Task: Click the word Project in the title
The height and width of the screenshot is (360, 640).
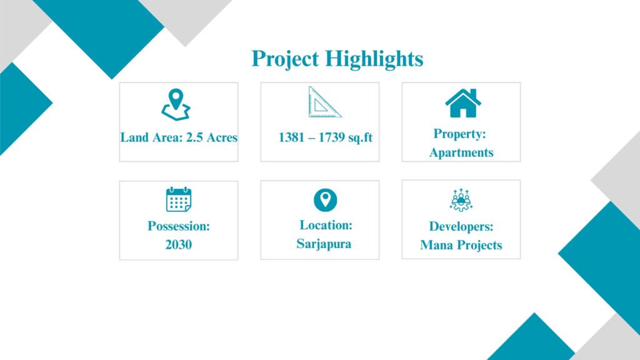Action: (285, 59)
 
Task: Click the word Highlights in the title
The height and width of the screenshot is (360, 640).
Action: (374, 59)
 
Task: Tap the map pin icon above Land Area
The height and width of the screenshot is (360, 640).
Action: (176, 105)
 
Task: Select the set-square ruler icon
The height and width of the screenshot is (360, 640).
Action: (324, 102)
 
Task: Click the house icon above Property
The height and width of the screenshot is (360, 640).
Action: (463, 103)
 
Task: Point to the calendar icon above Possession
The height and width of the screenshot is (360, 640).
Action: (179, 199)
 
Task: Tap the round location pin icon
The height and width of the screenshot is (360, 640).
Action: (325, 200)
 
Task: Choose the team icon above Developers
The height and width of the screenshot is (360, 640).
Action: (461, 200)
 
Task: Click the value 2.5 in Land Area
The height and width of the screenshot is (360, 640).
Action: (195, 137)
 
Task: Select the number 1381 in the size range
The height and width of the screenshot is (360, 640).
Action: (291, 137)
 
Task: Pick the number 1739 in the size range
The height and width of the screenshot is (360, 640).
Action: (331, 137)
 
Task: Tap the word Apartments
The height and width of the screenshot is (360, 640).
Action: (461, 152)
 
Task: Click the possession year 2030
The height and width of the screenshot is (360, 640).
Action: (179, 244)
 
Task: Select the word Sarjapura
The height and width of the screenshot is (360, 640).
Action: (324, 244)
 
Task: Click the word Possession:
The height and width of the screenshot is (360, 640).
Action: (179, 226)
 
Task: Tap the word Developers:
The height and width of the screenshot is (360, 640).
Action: (461, 226)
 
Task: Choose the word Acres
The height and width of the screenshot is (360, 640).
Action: (222, 137)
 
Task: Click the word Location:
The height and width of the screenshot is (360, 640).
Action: (326, 225)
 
